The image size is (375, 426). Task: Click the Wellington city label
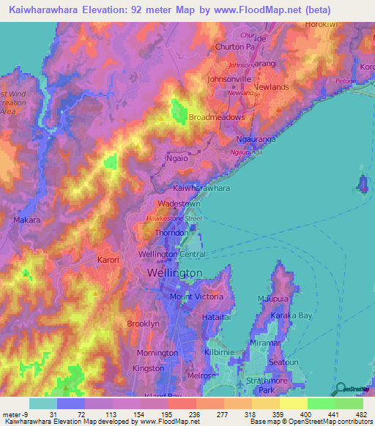pyautogui.click(x=174, y=272)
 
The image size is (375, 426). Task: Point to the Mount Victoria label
pyautogui.click(x=196, y=296)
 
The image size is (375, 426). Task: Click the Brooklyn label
pyautogui.click(x=143, y=323)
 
